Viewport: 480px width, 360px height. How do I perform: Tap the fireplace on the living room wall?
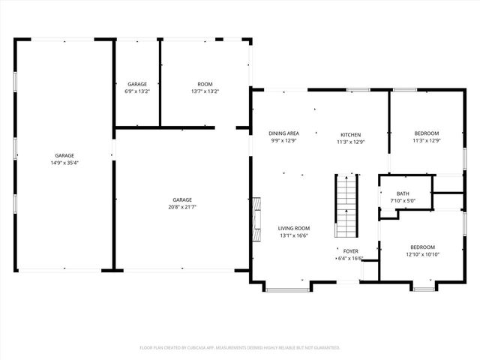point(256,220)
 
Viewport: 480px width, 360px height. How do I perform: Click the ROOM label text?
point(205,84)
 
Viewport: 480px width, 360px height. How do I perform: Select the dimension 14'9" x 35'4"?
point(64,163)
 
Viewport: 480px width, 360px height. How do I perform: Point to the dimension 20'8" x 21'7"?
point(182,206)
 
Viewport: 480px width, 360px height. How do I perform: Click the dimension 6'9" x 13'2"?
point(136,91)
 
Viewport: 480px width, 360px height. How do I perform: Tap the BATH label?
point(403,193)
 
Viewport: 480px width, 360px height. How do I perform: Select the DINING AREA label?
point(284,133)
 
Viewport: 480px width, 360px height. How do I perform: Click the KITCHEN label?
point(349,133)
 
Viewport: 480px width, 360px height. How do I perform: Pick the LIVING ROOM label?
point(294,228)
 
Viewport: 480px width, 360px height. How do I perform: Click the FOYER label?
point(350,251)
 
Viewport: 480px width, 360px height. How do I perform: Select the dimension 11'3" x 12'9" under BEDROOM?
point(426,140)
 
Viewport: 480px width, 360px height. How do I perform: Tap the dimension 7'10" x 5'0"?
point(403,201)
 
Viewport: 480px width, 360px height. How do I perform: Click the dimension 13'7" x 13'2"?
point(205,91)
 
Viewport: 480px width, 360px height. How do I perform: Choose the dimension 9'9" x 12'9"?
point(284,140)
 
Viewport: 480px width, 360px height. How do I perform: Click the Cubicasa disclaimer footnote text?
point(240,348)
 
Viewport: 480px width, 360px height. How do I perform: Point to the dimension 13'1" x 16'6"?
point(294,235)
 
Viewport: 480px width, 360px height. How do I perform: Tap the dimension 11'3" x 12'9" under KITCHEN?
point(349,141)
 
